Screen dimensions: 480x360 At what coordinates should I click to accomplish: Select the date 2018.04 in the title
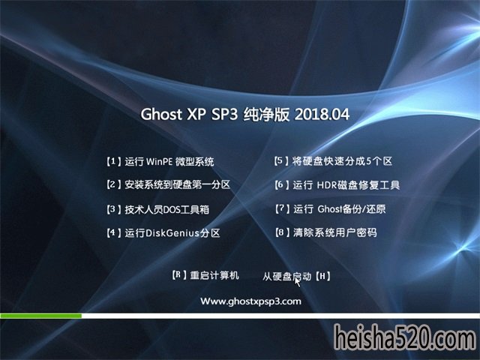322,115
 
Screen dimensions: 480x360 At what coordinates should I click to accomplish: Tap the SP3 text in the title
224,115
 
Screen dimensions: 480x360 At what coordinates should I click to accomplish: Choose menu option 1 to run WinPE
160,161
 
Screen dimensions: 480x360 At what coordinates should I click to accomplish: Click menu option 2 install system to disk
168,184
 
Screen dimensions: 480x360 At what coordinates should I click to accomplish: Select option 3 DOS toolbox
157,209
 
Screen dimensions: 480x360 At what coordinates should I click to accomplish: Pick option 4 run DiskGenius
163,233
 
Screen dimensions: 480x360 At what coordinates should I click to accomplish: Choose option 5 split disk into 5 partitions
333,161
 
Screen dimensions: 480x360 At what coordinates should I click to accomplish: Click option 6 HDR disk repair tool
337,185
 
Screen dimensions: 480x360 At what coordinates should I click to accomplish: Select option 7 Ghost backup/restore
330,209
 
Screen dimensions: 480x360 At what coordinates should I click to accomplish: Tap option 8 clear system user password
326,232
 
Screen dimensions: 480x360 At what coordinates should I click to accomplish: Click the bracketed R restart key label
179,275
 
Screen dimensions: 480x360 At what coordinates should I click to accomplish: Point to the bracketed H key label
322,277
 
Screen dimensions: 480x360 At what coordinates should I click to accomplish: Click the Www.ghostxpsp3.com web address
250,301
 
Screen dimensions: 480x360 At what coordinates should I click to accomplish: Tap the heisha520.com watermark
405,338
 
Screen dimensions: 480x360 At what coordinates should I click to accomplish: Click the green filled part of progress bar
40,316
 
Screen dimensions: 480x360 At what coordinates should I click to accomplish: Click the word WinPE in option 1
159,161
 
